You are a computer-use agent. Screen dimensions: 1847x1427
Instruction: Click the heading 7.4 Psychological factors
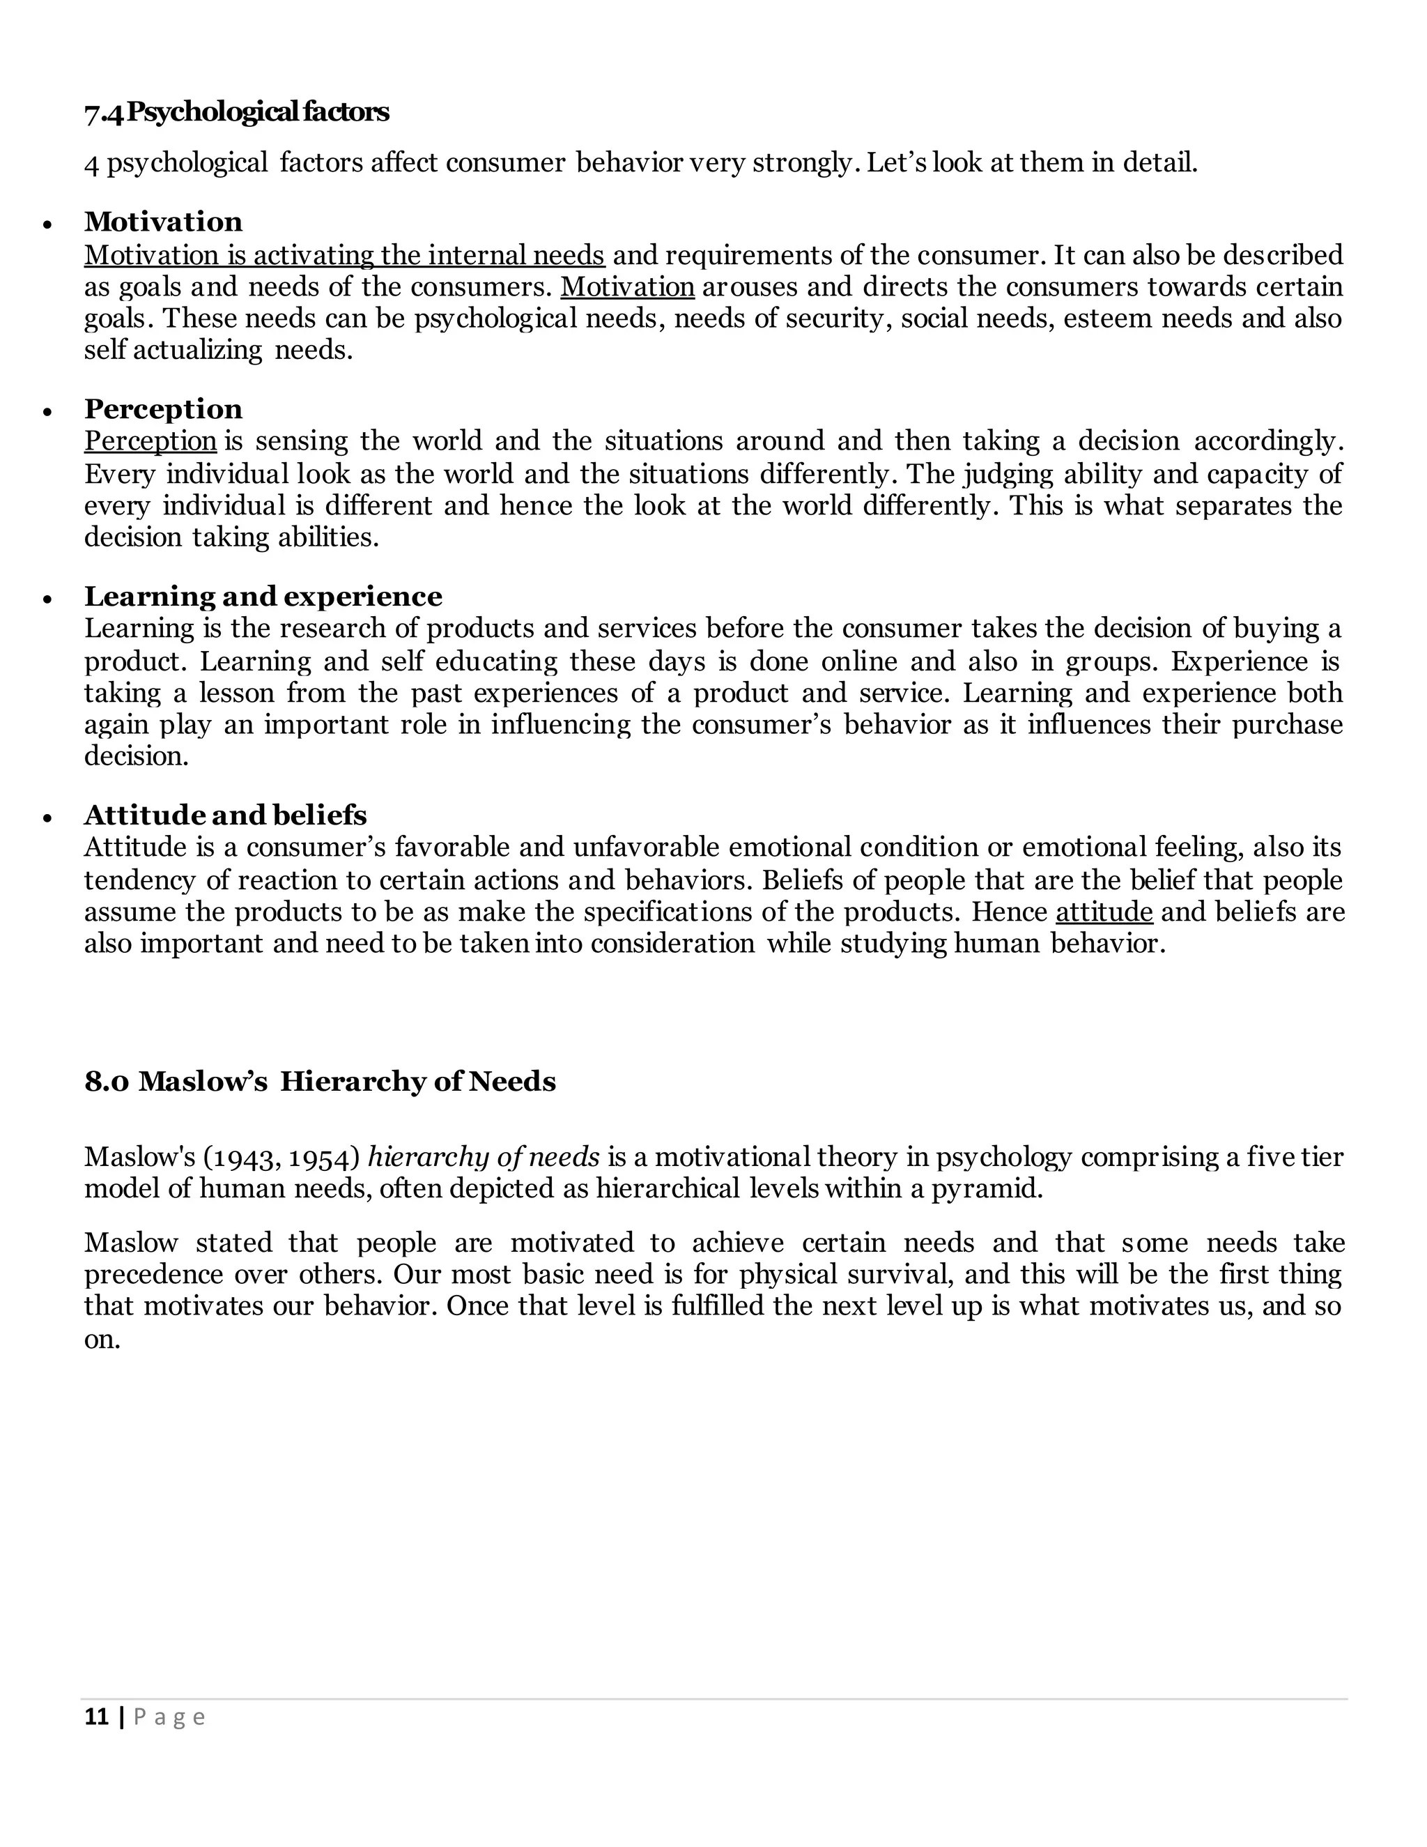click(x=237, y=112)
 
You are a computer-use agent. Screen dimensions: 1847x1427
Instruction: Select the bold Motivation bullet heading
click(x=163, y=222)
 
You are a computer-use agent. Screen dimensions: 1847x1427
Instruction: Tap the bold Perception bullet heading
click(x=163, y=409)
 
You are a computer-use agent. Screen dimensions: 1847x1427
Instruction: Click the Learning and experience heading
click(x=263, y=597)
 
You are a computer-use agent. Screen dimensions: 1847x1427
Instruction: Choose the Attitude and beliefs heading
click(x=225, y=815)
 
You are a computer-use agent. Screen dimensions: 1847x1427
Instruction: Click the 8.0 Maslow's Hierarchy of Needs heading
click(x=320, y=1082)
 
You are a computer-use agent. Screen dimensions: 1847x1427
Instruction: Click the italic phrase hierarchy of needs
click(x=484, y=1156)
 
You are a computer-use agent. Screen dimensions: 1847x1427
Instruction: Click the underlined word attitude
click(x=1104, y=912)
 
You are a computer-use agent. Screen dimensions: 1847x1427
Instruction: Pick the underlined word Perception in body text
click(x=151, y=441)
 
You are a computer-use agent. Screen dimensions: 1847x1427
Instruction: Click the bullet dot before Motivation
click(x=47, y=225)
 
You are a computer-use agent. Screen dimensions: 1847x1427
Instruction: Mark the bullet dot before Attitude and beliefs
click(x=47, y=819)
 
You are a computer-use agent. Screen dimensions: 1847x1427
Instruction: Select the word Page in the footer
click(x=169, y=1717)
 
